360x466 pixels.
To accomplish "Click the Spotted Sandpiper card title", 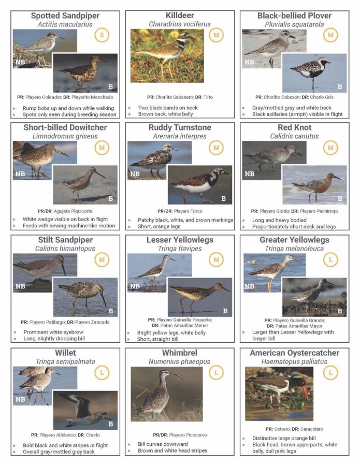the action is (65, 16).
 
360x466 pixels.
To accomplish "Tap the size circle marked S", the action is (102, 35).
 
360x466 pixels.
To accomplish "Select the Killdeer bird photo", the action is (167, 55).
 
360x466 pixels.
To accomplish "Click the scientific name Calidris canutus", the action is (294, 136).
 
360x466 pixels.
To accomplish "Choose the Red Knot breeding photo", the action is (314, 185).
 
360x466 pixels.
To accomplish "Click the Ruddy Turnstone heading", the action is (180, 127).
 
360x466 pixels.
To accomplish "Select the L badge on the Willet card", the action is (102, 373).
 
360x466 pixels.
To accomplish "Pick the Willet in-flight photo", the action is (85, 410).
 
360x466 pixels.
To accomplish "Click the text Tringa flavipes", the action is (180, 249).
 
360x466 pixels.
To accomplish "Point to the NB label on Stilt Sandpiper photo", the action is (20, 286).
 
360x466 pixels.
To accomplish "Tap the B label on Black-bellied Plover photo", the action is (340, 87).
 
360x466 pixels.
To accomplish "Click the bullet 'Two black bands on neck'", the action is (168, 108).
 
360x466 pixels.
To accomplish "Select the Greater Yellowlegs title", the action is (294, 240).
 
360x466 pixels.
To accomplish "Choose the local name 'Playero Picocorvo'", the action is (188, 435).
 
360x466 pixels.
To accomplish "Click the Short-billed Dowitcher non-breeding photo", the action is (45, 161).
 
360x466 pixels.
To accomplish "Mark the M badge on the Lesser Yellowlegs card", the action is (216, 260).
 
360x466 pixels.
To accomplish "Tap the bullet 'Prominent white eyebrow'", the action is (53, 332).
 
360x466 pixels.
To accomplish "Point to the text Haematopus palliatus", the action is (294, 361).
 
